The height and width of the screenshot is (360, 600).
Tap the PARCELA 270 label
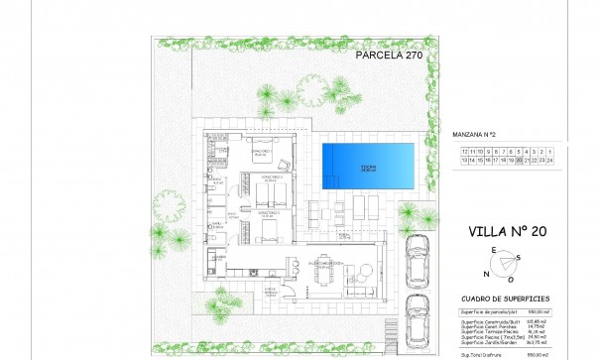click(x=389, y=57)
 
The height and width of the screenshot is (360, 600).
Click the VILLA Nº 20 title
click(x=508, y=234)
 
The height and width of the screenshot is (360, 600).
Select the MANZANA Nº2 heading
click(x=485, y=132)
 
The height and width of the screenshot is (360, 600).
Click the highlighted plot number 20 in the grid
click(x=521, y=159)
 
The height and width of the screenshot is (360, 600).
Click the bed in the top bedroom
click(x=264, y=151)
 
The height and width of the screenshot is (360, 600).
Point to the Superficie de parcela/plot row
click(x=497, y=311)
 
